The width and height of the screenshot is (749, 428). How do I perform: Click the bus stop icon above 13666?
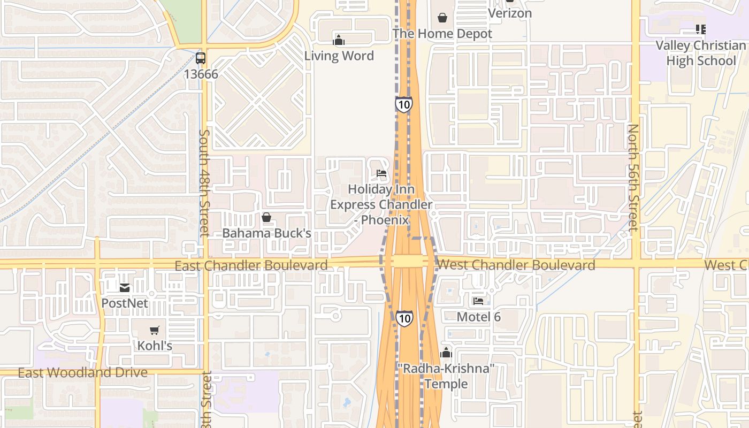click(201, 58)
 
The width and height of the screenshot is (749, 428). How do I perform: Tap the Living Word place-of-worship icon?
click(339, 40)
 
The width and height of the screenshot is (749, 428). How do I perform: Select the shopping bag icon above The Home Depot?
click(442, 18)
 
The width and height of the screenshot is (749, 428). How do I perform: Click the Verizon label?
click(510, 13)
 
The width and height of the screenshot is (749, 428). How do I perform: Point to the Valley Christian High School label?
click(701, 53)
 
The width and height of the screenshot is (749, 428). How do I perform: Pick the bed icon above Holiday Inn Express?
click(381, 173)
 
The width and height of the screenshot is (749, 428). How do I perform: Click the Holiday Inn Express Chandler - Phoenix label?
click(381, 204)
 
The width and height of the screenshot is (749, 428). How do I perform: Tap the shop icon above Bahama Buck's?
click(266, 217)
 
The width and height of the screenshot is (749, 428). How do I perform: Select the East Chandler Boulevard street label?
click(251, 265)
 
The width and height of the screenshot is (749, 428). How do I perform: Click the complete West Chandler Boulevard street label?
click(516, 265)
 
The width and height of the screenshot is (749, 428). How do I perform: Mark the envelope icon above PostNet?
click(125, 288)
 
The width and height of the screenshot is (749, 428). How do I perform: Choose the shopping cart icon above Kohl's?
click(155, 330)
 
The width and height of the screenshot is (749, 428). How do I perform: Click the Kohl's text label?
click(155, 346)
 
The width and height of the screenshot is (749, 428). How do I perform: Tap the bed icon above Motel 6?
click(478, 301)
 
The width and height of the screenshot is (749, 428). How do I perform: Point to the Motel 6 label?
click(478, 317)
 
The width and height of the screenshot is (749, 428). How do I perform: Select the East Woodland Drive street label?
click(82, 372)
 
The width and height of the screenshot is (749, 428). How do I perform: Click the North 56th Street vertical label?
click(633, 178)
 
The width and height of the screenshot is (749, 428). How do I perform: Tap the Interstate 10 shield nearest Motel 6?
click(404, 318)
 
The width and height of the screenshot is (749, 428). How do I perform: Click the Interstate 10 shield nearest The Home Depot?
click(404, 104)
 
